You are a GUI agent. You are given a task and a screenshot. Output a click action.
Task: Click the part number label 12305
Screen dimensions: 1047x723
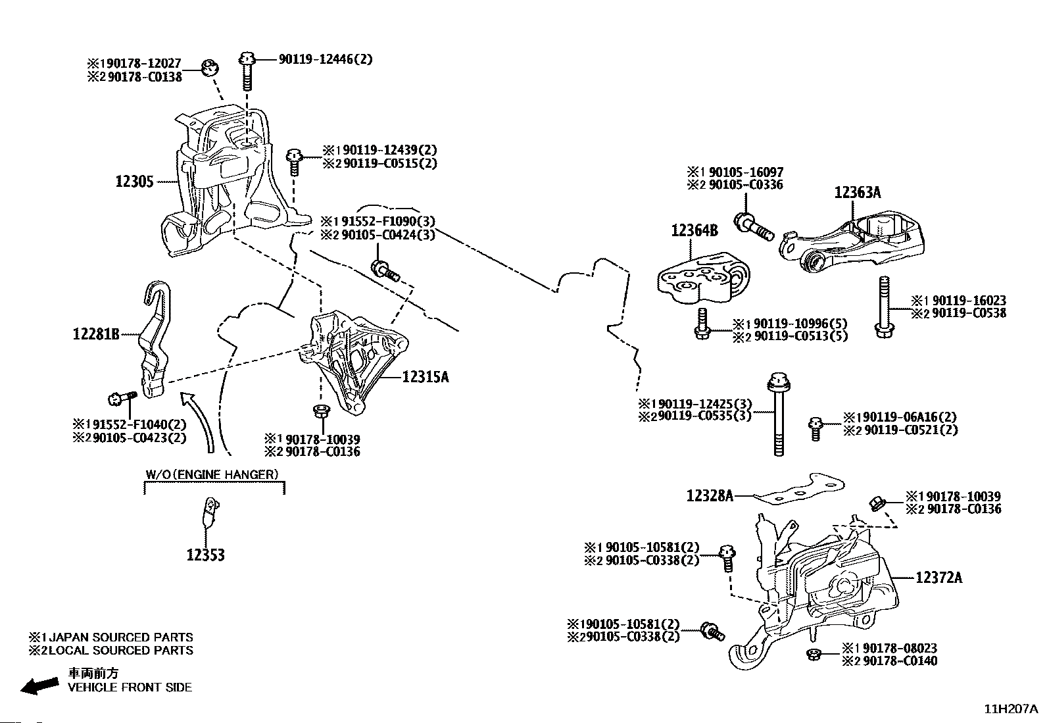(135, 182)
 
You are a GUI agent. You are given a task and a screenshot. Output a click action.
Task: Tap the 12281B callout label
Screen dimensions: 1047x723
(96, 334)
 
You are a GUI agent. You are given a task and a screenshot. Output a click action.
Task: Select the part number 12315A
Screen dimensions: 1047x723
(426, 376)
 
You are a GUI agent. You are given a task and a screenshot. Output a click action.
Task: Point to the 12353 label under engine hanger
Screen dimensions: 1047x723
(206, 555)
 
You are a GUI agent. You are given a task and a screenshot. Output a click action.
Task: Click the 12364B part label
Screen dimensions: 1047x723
(694, 230)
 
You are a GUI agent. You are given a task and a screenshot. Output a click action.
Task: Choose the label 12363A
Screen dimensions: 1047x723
(858, 192)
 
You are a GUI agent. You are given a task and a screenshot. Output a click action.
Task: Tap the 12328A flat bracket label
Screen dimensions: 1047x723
(710, 496)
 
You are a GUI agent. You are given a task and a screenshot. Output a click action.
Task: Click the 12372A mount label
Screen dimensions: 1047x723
(939, 578)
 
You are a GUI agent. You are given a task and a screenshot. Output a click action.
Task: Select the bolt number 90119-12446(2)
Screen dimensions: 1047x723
(326, 59)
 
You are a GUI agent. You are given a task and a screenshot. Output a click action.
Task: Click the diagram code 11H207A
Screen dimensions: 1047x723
(1011, 709)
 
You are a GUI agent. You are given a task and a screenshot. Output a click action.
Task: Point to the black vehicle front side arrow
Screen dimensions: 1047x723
(39, 686)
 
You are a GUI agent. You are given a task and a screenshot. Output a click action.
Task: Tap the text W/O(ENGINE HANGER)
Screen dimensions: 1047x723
(212, 475)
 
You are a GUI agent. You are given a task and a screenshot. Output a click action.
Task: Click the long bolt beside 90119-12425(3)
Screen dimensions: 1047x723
(778, 414)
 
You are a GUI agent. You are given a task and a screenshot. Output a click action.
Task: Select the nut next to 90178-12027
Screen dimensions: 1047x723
(210, 68)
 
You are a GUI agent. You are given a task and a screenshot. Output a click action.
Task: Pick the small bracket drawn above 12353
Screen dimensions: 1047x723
(210, 512)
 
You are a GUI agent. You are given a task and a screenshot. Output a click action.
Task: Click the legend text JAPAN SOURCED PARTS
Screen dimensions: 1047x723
(121, 637)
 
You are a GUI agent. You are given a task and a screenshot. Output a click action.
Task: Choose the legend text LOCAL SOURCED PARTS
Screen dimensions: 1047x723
(121, 651)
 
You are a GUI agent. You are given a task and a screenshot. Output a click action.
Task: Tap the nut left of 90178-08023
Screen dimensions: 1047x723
(814, 655)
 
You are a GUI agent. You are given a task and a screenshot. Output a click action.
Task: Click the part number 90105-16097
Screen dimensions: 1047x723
(746, 172)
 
